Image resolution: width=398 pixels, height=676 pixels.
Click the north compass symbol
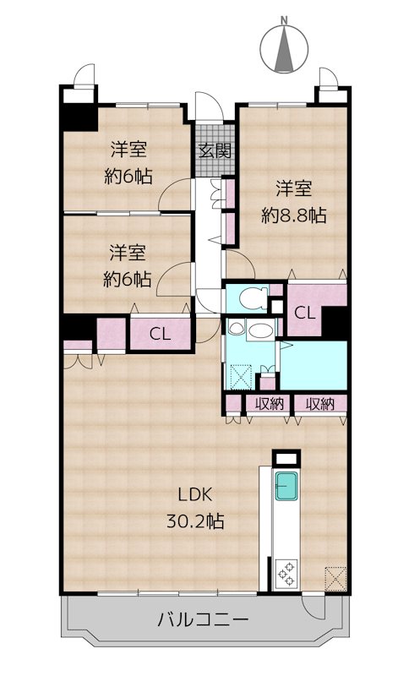284,46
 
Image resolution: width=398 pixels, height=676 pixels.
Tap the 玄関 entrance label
215,151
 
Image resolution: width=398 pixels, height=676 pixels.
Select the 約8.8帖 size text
294,215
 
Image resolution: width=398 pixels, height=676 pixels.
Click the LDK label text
195,495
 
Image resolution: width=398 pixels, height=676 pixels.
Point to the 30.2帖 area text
195,521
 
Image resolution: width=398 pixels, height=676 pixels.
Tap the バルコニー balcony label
203,620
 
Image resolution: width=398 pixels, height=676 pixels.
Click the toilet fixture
254,298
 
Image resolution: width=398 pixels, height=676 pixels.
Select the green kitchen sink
286,485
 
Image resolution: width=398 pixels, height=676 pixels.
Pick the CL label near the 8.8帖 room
305,313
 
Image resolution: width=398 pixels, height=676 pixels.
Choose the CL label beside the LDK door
160,334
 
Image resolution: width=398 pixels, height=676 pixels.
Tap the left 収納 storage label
269,404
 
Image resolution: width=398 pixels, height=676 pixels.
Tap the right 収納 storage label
320,404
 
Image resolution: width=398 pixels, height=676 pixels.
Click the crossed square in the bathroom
241,376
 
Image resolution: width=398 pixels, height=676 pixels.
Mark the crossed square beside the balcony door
335,579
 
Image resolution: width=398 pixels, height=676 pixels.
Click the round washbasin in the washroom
236,329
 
